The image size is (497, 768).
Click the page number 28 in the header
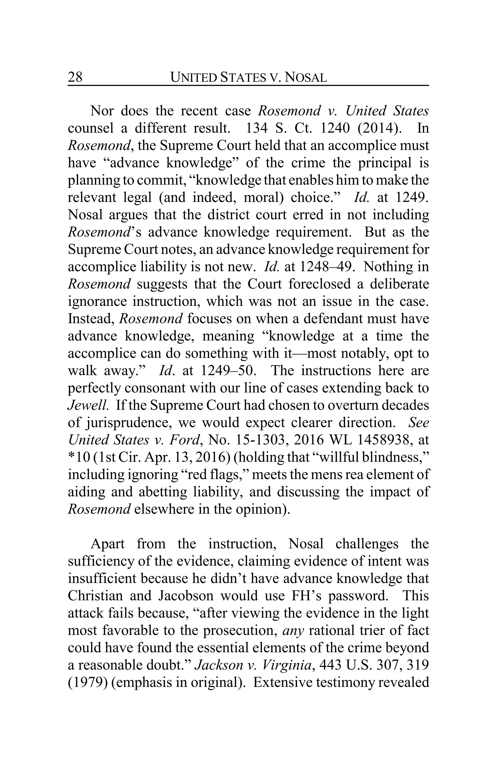75,77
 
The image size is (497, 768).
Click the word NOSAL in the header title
306,77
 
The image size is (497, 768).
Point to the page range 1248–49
327,267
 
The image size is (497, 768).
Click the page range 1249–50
228,371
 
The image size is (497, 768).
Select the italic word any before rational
293,630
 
